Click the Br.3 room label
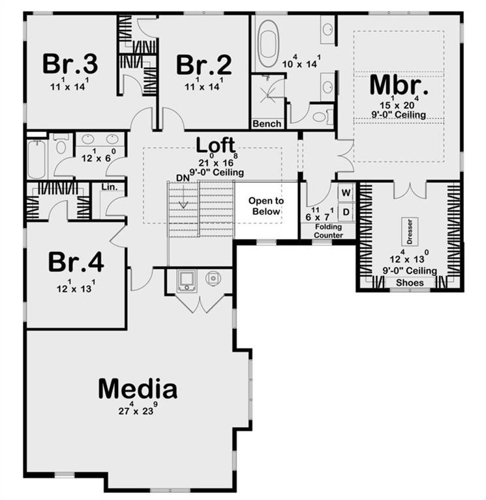click(x=70, y=64)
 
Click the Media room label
click(x=138, y=389)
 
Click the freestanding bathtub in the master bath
click(x=268, y=43)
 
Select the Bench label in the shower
click(x=267, y=124)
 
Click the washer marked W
click(x=346, y=193)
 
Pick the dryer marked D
click(x=346, y=212)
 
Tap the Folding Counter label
click(x=327, y=231)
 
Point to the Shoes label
click(x=409, y=283)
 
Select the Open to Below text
click(x=266, y=206)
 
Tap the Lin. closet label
click(x=110, y=187)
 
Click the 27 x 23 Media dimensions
click(x=138, y=411)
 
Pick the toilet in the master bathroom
click(x=322, y=117)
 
